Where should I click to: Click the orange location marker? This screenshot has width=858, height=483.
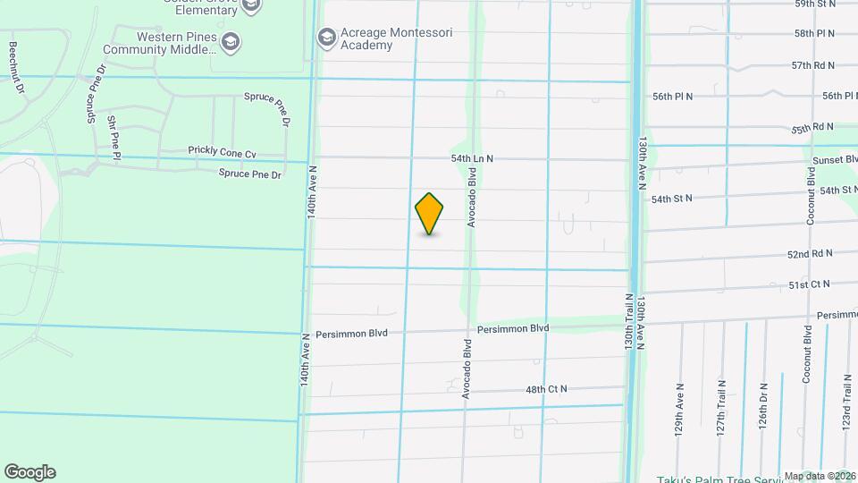tap(430, 214)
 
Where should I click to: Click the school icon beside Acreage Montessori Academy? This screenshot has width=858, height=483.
tap(327, 37)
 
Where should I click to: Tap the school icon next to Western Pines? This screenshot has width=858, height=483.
tap(231, 41)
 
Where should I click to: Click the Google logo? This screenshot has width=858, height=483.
tap(29, 472)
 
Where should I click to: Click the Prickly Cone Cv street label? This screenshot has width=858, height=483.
tap(222, 152)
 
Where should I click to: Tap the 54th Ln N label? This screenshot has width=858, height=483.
tap(472, 158)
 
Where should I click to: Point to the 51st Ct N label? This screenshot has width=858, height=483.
tap(809, 284)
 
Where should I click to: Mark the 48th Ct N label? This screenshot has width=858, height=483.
tap(546, 389)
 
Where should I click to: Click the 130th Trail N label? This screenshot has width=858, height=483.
tap(629, 322)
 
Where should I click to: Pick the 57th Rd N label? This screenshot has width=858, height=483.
tap(812, 65)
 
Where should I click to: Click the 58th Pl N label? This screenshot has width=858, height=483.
tap(813, 33)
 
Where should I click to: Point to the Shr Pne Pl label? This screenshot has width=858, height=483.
tap(114, 138)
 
